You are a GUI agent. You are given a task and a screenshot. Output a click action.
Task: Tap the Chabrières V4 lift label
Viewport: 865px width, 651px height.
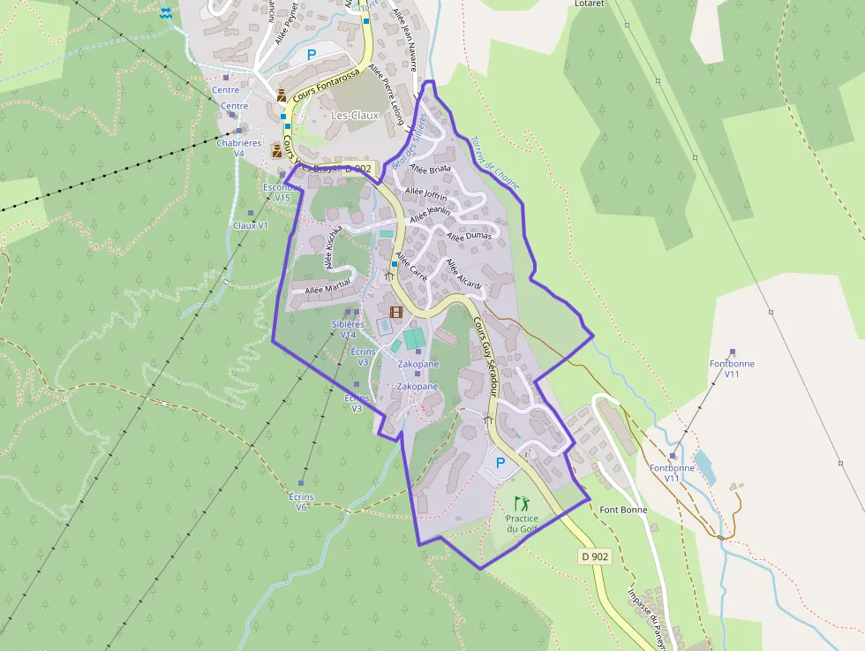(239, 148)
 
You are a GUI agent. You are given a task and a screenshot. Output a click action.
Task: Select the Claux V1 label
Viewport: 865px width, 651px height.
(250, 225)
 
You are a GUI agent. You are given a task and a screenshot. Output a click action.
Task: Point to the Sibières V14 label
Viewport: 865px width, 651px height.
(348, 329)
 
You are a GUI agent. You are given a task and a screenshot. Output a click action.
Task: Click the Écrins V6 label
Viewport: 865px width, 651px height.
(302, 502)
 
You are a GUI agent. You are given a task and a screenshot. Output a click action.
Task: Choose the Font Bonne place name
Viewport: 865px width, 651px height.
(623, 510)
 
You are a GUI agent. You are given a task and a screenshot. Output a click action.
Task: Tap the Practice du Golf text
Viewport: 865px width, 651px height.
(522, 524)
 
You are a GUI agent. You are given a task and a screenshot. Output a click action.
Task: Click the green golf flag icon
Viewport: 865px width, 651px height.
(521, 503)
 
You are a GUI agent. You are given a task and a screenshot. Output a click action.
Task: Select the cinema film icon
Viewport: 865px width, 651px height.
(395, 312)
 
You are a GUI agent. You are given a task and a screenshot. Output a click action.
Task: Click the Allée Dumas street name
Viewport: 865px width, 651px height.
(470, 236)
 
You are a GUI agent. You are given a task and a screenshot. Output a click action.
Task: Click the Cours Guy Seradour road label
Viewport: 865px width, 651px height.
(488, 349)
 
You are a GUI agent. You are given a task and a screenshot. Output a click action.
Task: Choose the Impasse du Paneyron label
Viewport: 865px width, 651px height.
(649, 615)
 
